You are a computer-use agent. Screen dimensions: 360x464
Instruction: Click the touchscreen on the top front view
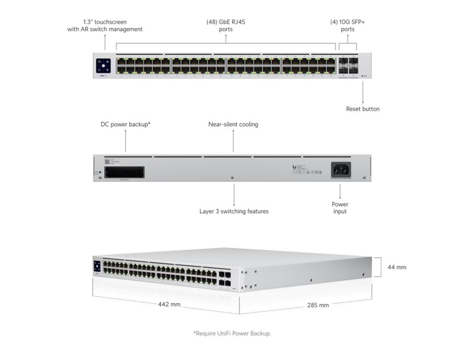(104, 64)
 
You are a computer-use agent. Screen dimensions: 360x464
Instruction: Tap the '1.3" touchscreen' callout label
(105, 25)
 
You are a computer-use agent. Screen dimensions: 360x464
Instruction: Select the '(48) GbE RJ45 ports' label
(225, 25)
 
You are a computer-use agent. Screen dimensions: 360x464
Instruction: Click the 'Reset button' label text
(362, 109)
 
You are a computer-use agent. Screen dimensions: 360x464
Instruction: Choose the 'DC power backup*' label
(126, 124)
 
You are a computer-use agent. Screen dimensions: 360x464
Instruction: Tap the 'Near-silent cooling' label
(233, 124)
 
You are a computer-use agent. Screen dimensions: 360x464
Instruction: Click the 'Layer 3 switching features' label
(234, 211)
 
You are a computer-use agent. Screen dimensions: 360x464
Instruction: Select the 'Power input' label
(340, 207)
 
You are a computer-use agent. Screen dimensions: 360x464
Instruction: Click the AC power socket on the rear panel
(341, 169)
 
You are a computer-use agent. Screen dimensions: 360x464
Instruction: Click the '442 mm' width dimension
(169, 305)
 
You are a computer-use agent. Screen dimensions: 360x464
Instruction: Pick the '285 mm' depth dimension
(317, 305)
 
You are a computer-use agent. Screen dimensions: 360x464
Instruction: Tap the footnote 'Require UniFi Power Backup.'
(232, 333)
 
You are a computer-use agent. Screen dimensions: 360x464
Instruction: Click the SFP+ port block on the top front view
(348, 65)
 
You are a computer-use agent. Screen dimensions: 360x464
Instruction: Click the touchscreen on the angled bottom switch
(97, 266)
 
